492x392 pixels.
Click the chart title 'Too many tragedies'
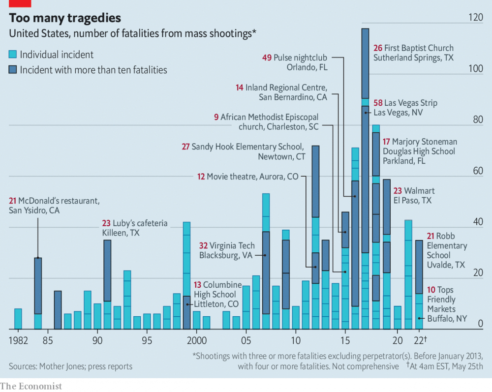(x=65, y=18)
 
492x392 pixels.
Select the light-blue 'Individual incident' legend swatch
(x=13, y=55)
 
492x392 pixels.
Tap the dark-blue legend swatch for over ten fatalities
(x=13, y=70)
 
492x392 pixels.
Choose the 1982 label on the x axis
(x=18, y=340)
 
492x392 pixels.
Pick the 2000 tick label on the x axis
(x=196, y=340)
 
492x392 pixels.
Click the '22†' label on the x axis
(x=421, y=340)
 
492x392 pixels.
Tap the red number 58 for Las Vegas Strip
(x=378, y=103)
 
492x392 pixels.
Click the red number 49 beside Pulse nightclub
(x=267, y=58)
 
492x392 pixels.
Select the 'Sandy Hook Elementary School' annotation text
(x=247, y=147)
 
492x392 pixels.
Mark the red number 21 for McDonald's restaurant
(x=13, y=201)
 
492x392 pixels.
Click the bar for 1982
(x=18, y=319)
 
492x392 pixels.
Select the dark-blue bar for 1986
(x=58, y=310)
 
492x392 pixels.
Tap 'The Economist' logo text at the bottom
(x=31, y=386)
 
